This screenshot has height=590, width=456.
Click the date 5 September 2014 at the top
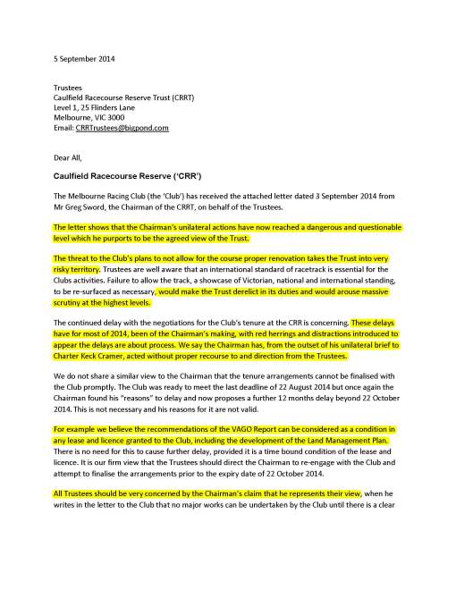click(77, 59)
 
